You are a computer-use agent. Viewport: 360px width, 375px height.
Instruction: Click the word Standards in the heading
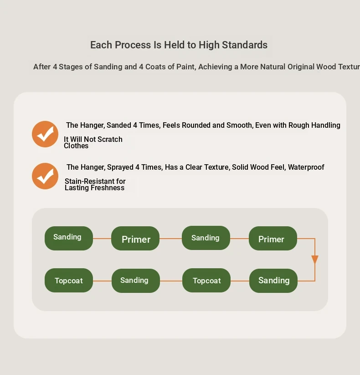pos(245,45)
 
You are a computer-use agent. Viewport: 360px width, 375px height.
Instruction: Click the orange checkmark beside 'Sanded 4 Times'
pos(45,134)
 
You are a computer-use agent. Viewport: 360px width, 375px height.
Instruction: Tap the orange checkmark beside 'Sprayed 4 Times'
pos(45,176)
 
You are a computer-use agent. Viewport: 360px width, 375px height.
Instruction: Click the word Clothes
pos(76,146)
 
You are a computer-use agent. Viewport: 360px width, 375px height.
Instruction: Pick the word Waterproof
pos(306,167)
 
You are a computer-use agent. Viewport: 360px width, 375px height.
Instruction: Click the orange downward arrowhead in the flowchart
pos(315,260)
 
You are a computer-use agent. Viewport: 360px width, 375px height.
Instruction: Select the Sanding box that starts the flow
pos(69,238)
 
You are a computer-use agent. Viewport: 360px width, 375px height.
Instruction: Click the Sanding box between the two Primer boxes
pos(206,238)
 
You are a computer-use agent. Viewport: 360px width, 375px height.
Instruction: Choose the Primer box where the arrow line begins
pos(273,239)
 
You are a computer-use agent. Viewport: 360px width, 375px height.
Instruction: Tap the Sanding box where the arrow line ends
pos(273,281)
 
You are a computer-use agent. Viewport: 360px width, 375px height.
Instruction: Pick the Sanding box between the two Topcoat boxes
pos(136,281)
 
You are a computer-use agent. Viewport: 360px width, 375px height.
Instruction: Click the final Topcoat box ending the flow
pos(69,280)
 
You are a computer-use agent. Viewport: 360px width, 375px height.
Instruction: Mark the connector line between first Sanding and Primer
pos(102,239)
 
